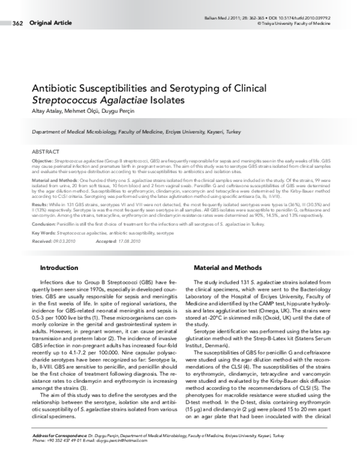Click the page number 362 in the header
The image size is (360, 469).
pyautogui.click(x=17, y=23)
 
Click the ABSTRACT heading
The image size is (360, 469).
pyautogui.click(x=44, y=152)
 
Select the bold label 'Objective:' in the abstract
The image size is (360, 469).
pyautogui.click(x=42, y=162)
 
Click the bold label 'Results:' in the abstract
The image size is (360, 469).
pyautogui.click(x=40, y=205)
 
